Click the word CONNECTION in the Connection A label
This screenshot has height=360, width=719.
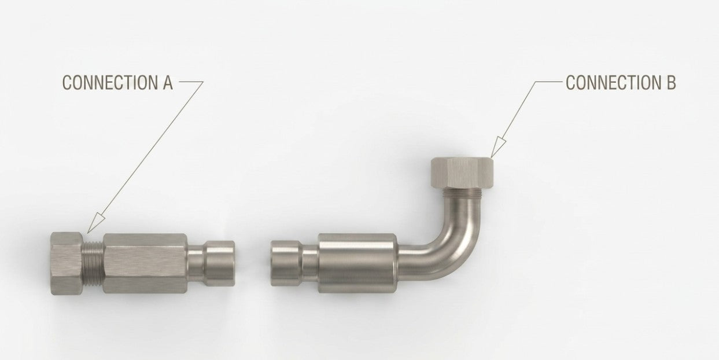(106, 83)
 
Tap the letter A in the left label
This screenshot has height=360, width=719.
(165, 83)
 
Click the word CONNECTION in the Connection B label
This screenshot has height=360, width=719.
(610, 83)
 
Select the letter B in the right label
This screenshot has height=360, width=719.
(669, 83)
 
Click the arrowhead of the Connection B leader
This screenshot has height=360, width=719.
(497, 148)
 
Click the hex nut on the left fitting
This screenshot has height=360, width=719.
(67, 263)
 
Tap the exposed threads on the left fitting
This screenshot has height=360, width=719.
(93, 263)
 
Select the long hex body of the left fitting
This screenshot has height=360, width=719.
(145, 263)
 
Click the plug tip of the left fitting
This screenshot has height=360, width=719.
(220, 263)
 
